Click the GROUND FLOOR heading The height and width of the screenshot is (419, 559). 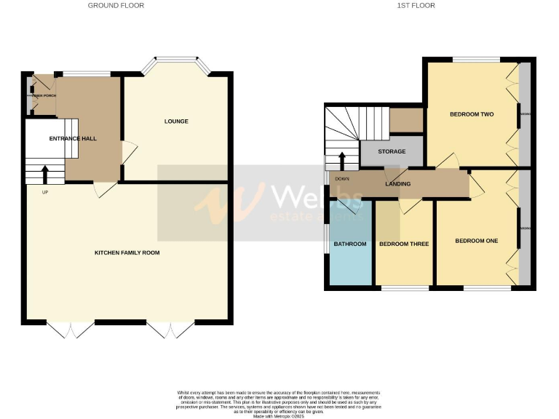pos(116,5)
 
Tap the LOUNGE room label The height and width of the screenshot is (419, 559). pos(176,121)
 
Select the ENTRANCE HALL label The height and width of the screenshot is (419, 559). pos(73,138)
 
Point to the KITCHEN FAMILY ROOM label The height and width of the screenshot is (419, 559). pos(127,252)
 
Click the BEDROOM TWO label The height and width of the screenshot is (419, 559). pos(472,114)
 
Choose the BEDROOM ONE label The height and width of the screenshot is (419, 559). pos(476,241)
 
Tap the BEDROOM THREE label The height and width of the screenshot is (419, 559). pos(404,244)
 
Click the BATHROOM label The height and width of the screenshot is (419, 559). pos(350,244)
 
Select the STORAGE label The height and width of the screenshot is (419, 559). pos(392,151)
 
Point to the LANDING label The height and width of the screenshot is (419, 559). pos(398,184)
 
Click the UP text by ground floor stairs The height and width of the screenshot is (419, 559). pos(45,192)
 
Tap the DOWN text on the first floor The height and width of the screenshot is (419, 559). pos(342,177)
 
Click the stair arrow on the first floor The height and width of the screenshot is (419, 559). pos(342,159)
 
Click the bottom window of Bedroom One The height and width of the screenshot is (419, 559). pos(487,289)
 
